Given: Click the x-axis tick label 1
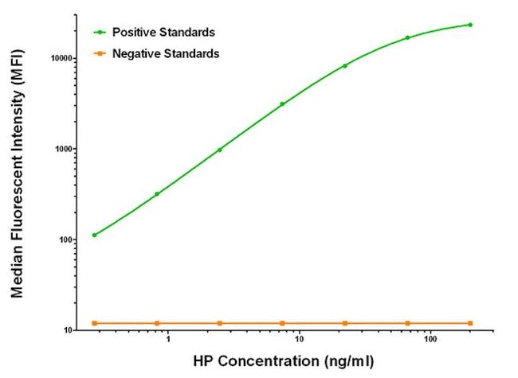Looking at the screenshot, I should click(x=168, y=340).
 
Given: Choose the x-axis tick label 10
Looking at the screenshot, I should click(x=298, y=340).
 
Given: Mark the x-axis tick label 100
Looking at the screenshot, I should click(x=430, y=340).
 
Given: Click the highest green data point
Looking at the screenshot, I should click(x=470, y=25).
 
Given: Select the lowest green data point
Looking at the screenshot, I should click(x=94, y=235).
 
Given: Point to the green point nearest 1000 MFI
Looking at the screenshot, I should click(x=220, y=150).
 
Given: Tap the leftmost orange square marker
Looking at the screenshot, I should click(x=94, y=323).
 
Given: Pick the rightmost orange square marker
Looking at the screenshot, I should click(x=470, y=323).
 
